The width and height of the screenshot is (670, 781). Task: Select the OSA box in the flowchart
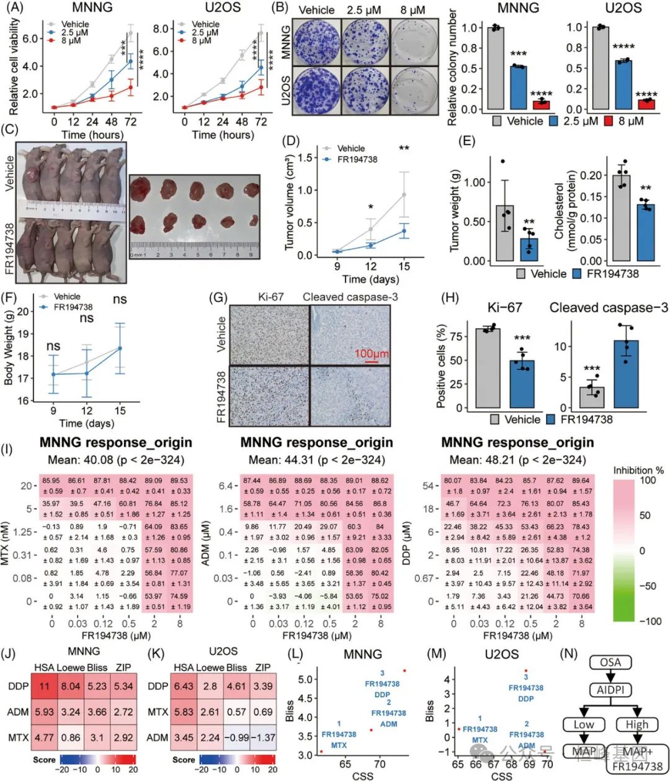point(610,662)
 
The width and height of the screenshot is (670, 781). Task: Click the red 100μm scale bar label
point(371,354)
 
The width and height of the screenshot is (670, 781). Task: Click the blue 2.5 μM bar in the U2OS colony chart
point(623,84)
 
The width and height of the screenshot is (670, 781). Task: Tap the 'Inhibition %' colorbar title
point(638,470)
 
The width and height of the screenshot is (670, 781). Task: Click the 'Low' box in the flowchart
point(584,725)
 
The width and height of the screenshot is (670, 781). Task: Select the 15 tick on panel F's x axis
point(120,410)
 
